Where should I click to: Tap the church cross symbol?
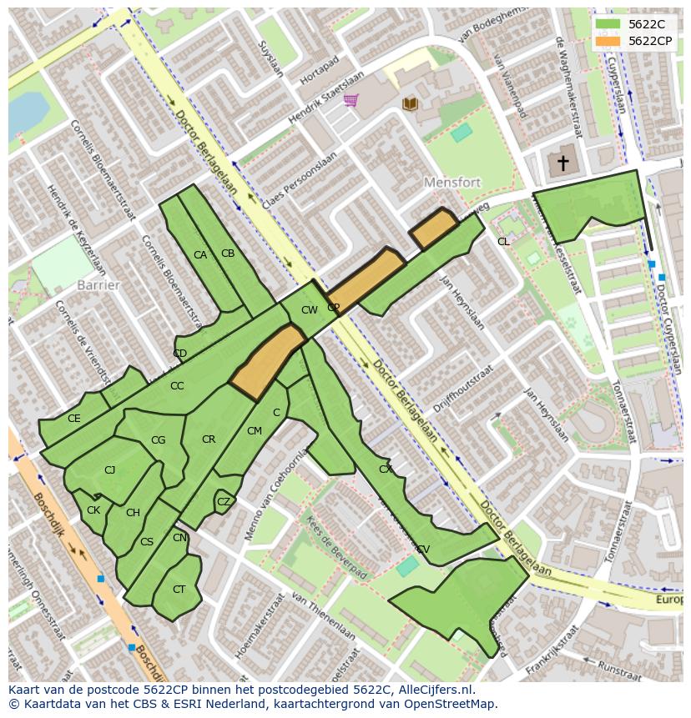coord(563,163)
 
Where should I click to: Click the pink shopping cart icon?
coord(351,101)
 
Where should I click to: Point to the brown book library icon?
coord(410,103)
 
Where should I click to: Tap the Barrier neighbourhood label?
coord(98,285)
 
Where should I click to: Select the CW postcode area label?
coord(309,310)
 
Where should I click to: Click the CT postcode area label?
coord(179,590)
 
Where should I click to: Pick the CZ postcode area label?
coord(223,502)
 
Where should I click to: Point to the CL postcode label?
coord(503,242)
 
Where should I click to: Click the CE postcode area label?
coord(74,419)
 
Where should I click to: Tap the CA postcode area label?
coord(200,255)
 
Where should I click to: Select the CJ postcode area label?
coord(109,470)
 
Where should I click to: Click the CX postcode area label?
coord(385,469)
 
